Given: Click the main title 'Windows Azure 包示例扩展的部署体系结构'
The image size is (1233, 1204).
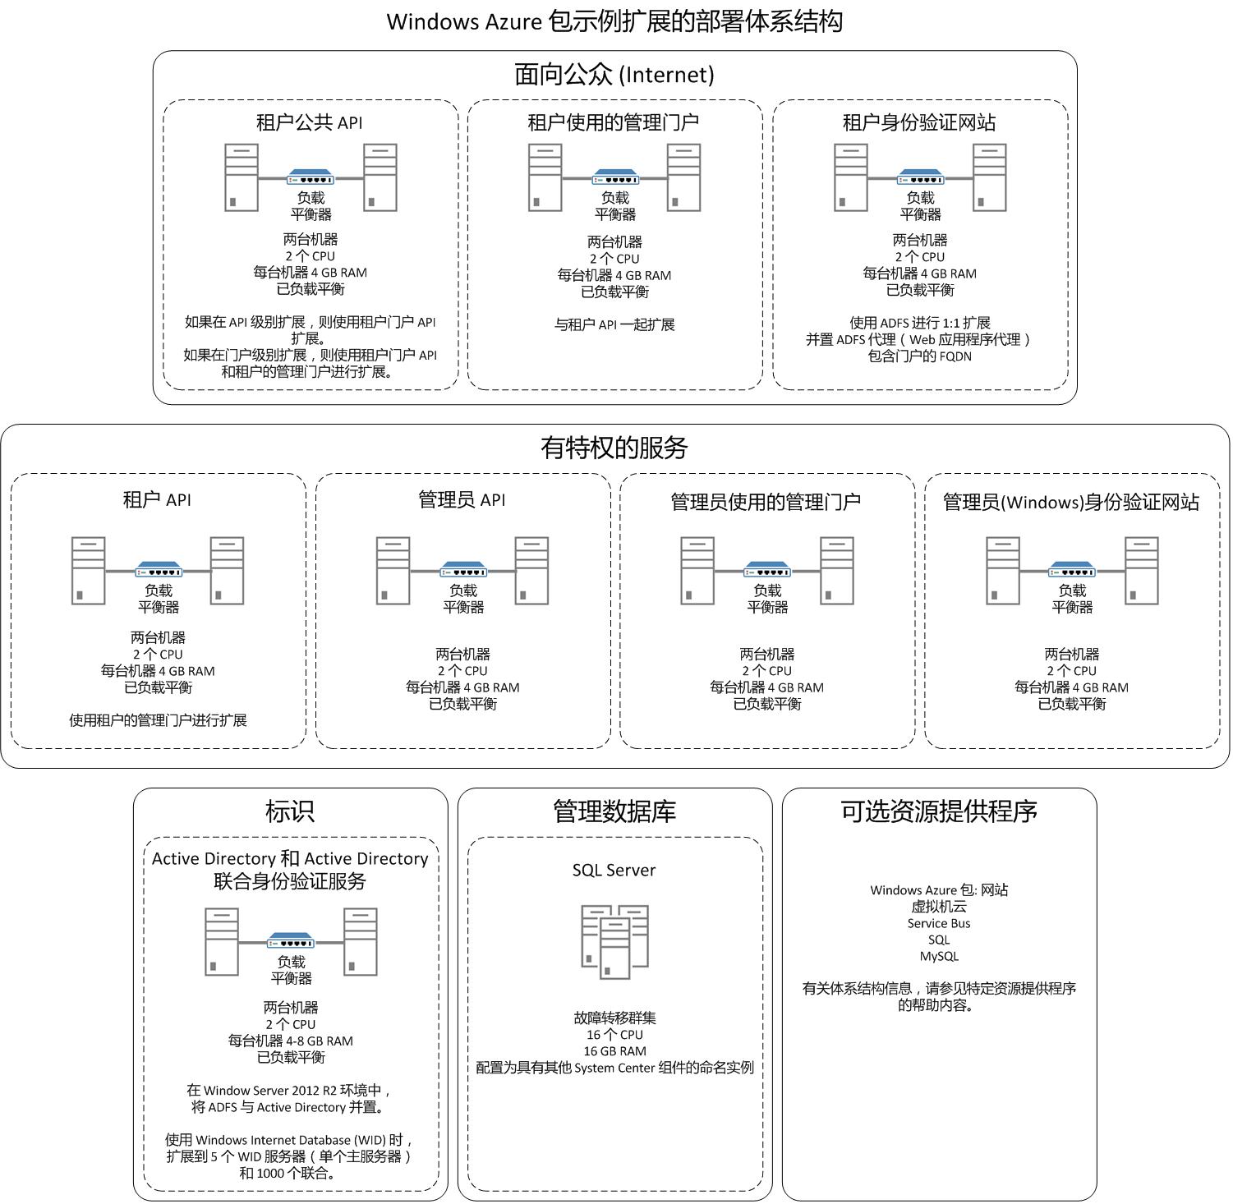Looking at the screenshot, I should [614, 21].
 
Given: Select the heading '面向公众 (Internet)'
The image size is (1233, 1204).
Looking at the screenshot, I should [614, 75].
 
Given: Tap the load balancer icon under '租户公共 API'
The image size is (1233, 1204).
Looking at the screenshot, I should [311, 177].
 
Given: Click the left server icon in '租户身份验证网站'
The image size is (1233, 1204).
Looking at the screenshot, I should [850, 177].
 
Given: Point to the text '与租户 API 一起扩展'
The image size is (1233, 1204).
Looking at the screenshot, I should [614, 324].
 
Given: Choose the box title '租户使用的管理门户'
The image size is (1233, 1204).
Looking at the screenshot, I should [614, 122].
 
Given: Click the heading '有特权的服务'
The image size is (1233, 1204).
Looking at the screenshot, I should [614, 448].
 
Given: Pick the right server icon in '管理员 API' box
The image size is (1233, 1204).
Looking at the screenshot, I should [531, 571].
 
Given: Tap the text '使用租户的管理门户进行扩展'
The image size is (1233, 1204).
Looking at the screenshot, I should [158, 720].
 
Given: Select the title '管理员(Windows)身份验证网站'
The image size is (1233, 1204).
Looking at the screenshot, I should [1071, 502].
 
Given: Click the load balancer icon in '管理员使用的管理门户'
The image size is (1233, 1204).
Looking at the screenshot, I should [767, 569].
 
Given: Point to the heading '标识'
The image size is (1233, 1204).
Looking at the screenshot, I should [290, 811].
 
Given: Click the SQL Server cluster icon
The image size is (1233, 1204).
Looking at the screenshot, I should [614, 941].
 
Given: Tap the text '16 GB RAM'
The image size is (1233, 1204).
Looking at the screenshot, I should [614, 1051].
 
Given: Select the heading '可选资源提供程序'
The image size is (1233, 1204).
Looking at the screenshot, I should [939, 811].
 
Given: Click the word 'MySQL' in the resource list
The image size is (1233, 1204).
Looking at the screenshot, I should [939, 956].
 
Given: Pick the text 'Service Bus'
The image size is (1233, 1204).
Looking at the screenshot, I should [939, 923].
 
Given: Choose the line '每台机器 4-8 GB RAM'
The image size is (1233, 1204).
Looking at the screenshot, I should [291, 1041].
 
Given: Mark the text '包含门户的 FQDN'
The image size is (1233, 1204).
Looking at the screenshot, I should [920, 356].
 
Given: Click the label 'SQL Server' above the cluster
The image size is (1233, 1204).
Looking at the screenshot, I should [614, 871].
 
